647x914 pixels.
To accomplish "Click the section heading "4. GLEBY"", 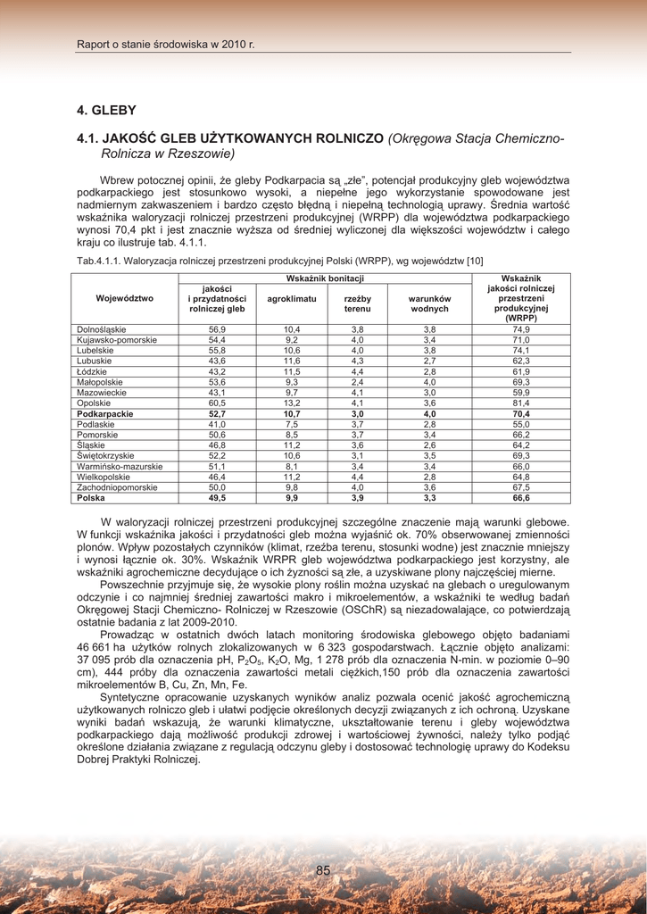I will coord(106,111).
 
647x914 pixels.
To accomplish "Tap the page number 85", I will coord(323,870).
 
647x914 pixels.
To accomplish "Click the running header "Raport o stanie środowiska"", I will coord(165,44).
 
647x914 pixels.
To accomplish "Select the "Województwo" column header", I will coord(125,299).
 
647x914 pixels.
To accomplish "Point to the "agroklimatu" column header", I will coord(292,299).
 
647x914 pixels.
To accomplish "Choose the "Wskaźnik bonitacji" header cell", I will coord(325,279).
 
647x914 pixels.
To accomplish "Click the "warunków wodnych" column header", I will coord(429,303).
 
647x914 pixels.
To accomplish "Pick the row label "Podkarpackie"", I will coord(105,414).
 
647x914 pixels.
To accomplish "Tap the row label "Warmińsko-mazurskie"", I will coord(120,467).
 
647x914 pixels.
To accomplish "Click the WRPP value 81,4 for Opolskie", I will coord(521,403).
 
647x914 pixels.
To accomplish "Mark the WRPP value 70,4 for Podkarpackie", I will coord(521,414).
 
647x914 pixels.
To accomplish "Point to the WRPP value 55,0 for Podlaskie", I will coord(521,425).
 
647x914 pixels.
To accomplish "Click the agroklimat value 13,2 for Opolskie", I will coord(292,403).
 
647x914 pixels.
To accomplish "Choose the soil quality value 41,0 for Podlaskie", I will coord(217,425).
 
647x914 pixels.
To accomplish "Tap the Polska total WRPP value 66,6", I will coord(521,498).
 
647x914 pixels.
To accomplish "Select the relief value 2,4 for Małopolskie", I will coord(357,382).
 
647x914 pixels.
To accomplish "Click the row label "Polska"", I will coord(91,498).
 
